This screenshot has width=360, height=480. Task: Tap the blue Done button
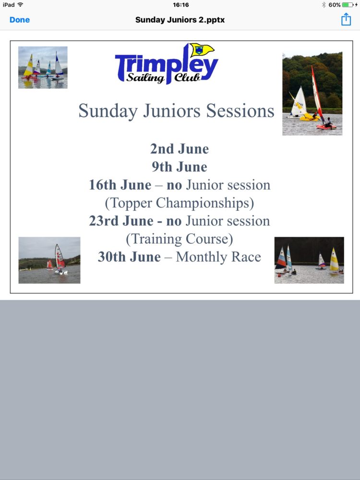[20, 20]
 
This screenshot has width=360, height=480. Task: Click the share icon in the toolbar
[346, 19]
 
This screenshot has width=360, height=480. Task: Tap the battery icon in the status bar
[348, 5]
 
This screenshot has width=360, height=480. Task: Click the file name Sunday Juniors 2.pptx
[180, 20]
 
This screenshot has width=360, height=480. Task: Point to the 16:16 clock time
[180, 5]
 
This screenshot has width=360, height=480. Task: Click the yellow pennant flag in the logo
[202, 50]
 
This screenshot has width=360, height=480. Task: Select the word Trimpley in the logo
[167, 65]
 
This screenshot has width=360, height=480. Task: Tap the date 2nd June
[180, 149]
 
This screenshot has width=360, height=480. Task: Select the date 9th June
[180, 167]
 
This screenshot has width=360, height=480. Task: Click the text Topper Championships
[180, 203]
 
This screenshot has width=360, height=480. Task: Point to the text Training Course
[180, 239]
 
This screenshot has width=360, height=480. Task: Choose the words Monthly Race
[218, 257]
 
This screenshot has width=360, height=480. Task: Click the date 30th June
[129, 257]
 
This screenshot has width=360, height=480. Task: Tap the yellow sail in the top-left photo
[29, 65]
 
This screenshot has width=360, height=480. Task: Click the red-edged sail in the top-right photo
[317, 94]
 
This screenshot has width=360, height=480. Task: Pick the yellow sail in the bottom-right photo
[334, 259]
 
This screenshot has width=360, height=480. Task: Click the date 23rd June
[121, 221]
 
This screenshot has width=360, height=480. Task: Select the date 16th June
[120, 185]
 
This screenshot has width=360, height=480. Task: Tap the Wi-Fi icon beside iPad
[20, 5]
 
